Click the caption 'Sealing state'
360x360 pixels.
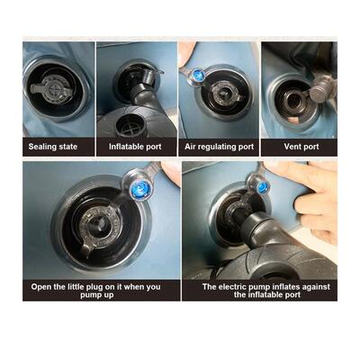(x=53, y=147)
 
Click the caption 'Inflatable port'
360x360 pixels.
(x=135, y=147)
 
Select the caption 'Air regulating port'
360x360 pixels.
(x=219, y=147)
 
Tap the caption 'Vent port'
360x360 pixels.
(x=301, y=147)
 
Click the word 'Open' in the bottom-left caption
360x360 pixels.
(x=41, y=287)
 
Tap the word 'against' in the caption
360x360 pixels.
(x=316, y=287)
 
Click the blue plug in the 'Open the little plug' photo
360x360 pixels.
(x=139, y=187)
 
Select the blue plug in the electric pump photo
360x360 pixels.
(x=263, y=187)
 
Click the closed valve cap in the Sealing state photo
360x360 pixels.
(x=51, y=89)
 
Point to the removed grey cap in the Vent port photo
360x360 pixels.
(x=321, y=88)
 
